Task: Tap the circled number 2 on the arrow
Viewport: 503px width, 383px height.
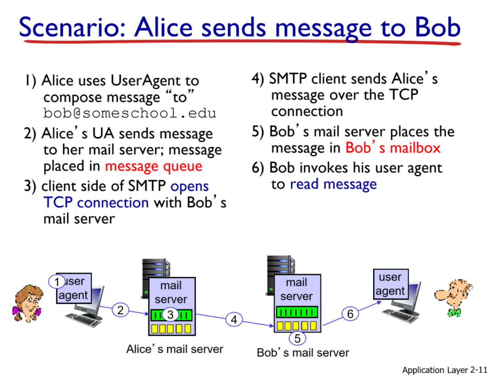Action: point(120,310)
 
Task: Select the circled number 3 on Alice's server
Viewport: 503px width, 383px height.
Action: point(170,315)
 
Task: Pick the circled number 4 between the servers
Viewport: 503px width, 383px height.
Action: point(234,320)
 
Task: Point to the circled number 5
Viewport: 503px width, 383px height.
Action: point(297,339)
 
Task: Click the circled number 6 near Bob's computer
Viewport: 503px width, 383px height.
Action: point(350,314)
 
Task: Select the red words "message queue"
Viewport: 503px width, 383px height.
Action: point(153,166)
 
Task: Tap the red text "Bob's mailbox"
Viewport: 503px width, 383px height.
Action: point(393,148)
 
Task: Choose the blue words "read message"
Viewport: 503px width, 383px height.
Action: point(333,184)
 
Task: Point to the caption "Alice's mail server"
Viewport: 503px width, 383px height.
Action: point(175,349)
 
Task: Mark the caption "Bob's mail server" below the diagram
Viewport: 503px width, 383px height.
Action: point(303,353)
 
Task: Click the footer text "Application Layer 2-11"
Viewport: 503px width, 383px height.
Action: point(444,370)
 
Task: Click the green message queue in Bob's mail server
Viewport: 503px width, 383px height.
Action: point(297,312)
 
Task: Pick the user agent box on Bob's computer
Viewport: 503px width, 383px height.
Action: point(390,284)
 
